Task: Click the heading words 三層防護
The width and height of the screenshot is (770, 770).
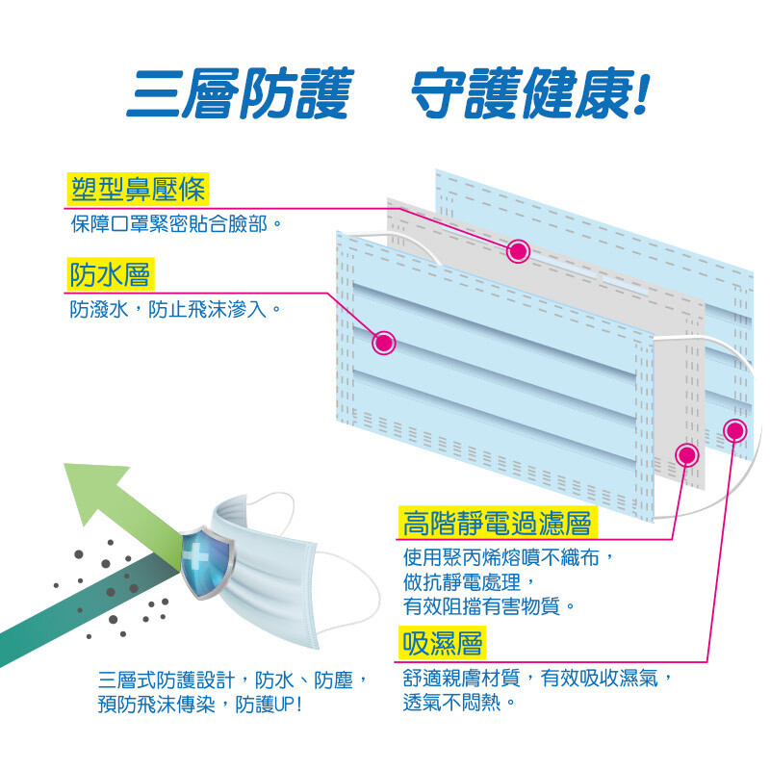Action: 240,95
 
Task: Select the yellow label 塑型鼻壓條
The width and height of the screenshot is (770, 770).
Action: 139,190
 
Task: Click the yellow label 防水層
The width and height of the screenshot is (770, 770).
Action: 110,274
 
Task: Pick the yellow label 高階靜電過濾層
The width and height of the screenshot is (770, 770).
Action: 497,524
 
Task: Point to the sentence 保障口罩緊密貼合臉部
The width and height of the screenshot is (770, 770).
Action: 177,225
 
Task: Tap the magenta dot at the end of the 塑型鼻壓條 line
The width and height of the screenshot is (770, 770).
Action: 518,251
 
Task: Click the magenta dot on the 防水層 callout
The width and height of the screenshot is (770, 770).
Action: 384,341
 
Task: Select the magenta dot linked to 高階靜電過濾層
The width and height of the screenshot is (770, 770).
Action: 687,455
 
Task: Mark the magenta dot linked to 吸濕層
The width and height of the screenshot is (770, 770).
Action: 735,429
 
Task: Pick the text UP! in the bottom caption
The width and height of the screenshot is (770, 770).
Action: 288,704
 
